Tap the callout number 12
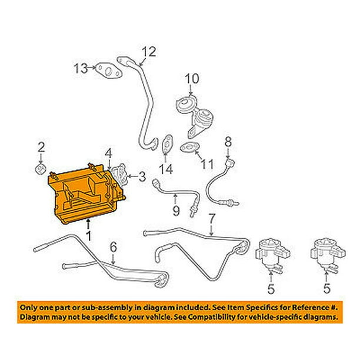point(149,52)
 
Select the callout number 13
point(81,68)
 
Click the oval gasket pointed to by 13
point(108,71)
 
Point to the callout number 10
point(192,79)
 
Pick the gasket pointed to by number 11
point(189,148)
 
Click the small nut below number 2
point(41,169)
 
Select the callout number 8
point(228,142)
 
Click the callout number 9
point(176,211)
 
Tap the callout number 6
point(114,247)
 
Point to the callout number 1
point(88,236)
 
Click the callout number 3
point(142,176)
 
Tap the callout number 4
point(108,154)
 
